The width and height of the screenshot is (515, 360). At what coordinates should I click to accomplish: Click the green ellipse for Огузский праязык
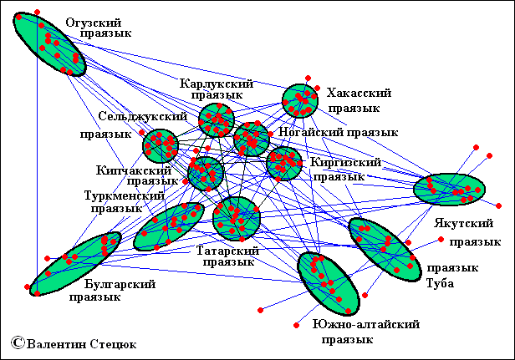click(x=49, y=43)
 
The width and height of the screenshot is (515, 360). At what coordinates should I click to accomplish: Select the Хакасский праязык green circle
click(x=299, y=101)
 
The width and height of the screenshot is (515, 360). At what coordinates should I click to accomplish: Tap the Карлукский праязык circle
click(x=216, y=120)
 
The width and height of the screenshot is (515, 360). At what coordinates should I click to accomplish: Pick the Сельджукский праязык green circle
click(x=161, y=146)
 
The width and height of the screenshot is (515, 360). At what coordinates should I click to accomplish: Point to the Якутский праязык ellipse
click(x=449, y=189)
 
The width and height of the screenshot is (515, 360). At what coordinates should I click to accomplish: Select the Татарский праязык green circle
click(x=237, y=218)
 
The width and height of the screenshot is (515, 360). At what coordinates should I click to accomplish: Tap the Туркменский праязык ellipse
click(x=169, y=226)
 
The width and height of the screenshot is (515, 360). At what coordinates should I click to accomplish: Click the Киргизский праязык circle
click(x=284, y=163)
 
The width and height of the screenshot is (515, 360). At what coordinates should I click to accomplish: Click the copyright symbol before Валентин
click(x=17, y=342)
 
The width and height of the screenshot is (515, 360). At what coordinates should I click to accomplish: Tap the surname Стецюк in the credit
click(x=111, y=342)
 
